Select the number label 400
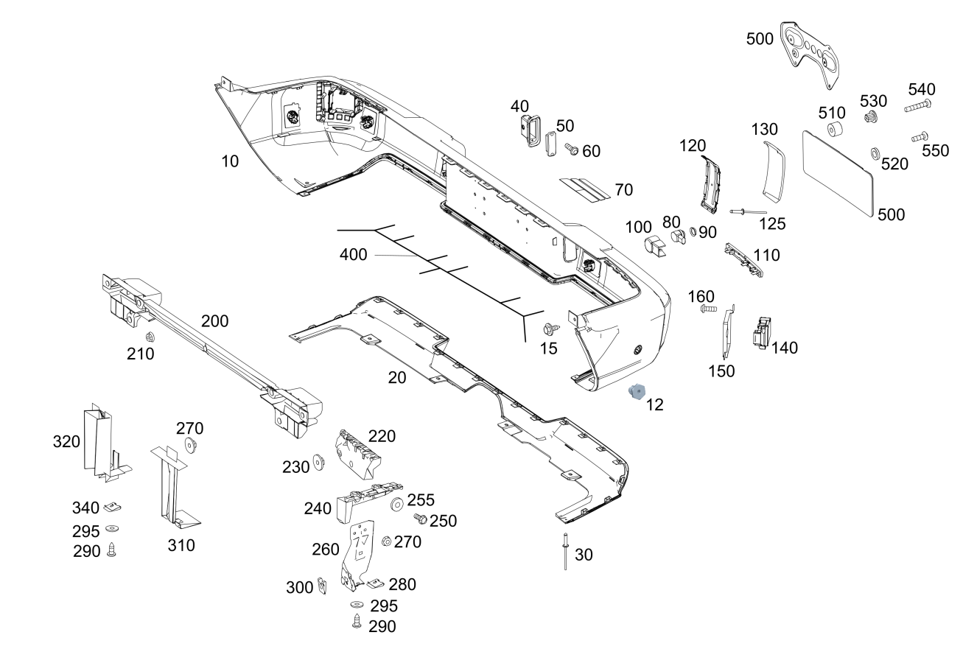click(354, 255)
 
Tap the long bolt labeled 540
click(918, 107)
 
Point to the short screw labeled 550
click(919, 136)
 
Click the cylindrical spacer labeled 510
click(835, 131)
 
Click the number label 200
click(214, 321)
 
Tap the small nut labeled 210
click(150, 337)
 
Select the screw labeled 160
click(709, 309)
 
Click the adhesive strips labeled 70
click(585, 189)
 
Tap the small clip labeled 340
click(113, 506)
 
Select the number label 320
click(66, 441)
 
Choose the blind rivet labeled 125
click(747, 212)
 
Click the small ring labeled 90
click(693, 233)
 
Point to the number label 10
click(231, 161)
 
